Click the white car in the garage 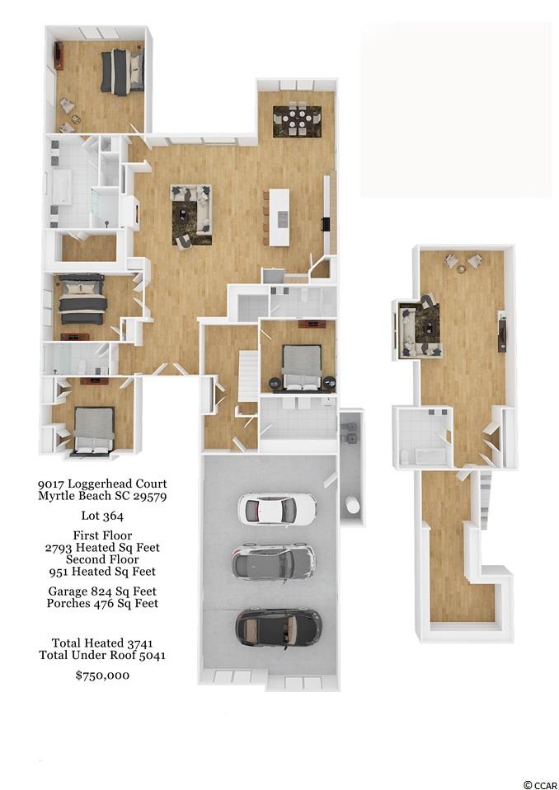click(277, 508)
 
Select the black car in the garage click(279, 627)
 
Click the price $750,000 click(102, 675)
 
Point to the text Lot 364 click(102, 516)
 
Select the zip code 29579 click(150, 496)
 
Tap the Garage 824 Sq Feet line click(102, 591)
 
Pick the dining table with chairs click(298, 121)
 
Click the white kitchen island click(279, 217)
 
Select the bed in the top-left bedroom click(122, 72)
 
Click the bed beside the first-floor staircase click(302, 367)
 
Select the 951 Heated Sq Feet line click(102, 572)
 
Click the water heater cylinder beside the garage click(353, 505)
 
